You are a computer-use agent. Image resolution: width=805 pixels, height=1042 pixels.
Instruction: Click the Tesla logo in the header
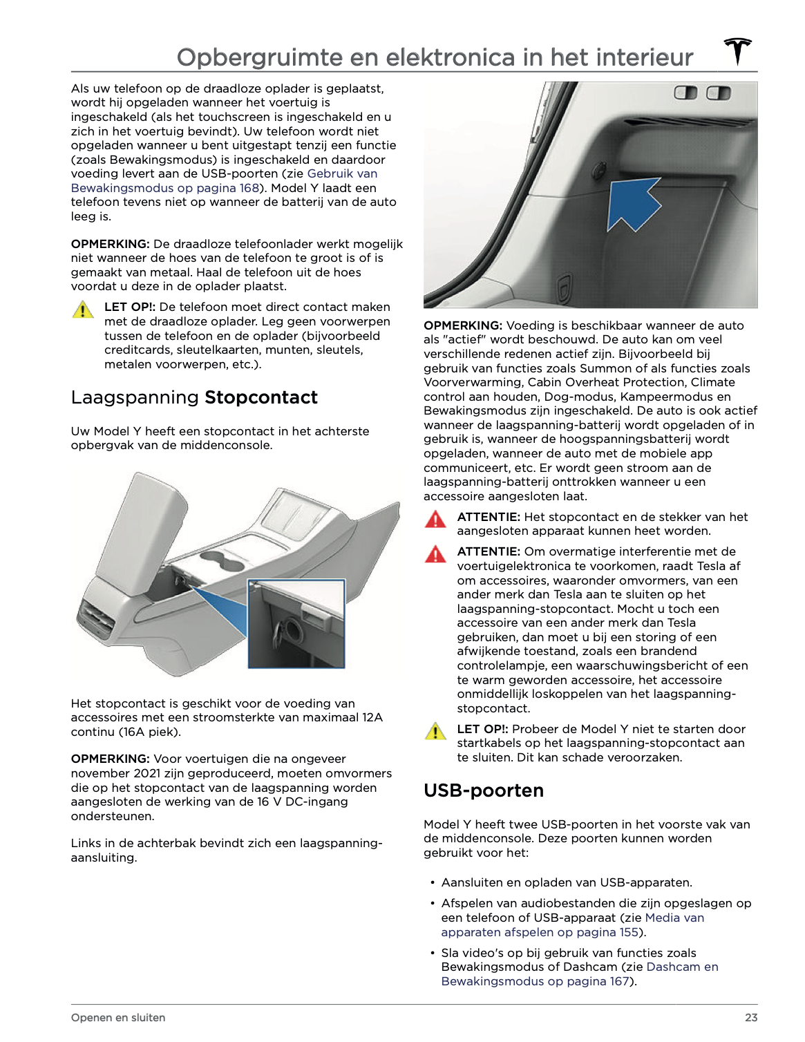click(738, 52)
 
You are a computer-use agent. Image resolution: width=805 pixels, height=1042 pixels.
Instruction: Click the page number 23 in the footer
click(751, 1017)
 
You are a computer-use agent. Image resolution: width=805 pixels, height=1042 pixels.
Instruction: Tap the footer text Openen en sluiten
click(118, 1017)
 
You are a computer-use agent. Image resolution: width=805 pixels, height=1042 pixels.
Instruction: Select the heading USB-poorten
click(484, 790)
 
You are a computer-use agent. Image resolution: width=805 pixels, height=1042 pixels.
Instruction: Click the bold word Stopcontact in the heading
click(261, 397)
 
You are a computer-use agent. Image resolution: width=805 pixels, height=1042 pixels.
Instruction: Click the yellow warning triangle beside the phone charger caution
click(83, 310)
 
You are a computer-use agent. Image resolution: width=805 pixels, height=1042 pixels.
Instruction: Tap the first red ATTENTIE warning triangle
click(435, 520)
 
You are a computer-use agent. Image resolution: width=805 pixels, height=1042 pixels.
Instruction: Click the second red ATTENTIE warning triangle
click(435, 554)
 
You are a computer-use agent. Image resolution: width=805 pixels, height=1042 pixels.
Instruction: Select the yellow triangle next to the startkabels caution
click(435, 732)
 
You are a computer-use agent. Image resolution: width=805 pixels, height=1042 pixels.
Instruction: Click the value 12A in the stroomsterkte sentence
click(372, 717)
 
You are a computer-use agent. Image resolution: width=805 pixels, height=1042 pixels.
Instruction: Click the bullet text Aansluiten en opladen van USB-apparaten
click(567, 882)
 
